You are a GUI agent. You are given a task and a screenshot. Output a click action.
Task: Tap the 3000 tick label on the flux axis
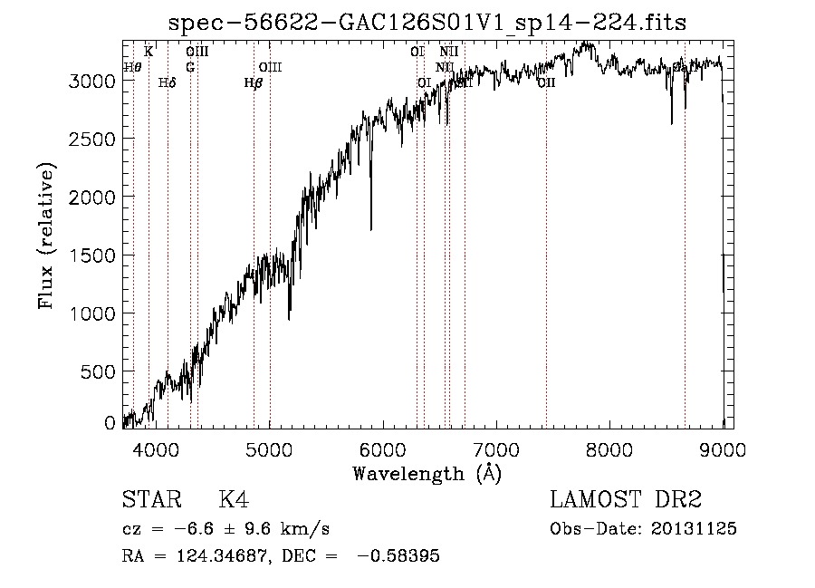(92, 81)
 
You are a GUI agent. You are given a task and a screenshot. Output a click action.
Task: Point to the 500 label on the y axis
(100, 371)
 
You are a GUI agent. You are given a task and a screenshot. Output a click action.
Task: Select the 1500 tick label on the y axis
(92, 255)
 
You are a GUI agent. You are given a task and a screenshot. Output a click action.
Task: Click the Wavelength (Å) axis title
(427, 473)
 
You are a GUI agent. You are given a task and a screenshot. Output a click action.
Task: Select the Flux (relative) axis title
(47, 236)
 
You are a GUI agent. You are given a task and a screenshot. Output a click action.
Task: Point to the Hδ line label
(167, 83)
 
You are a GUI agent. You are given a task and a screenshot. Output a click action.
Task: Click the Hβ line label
(254, 83)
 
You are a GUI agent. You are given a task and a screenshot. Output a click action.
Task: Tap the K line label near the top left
(149, 52)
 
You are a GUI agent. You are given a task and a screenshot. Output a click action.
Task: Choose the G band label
(190, 67)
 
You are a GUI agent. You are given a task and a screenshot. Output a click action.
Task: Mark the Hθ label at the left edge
(132, 67)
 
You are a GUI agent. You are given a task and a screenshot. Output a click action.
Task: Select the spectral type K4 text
(233, 500)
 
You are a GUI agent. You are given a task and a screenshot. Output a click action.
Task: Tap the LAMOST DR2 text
(626, 500)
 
